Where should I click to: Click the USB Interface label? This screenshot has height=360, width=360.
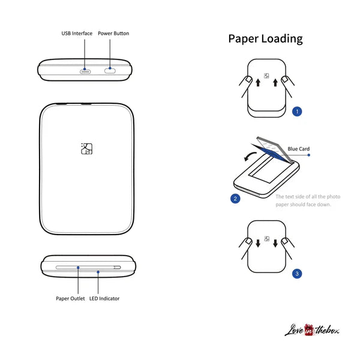77,33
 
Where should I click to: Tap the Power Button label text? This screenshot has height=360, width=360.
113,33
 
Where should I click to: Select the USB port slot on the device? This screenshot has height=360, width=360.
85,72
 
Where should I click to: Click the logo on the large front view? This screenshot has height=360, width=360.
87,149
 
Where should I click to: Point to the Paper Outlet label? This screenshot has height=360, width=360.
70,298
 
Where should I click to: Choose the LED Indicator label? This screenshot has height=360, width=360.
104,298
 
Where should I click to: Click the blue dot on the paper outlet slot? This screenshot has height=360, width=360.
78,268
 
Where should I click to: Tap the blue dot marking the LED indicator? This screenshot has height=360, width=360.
98,272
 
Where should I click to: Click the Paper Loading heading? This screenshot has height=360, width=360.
265,39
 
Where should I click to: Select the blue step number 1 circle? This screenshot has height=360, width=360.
297,112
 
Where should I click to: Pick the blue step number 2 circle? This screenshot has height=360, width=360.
235,199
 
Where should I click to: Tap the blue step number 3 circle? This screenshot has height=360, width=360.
297,274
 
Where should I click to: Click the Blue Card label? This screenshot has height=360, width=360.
298,149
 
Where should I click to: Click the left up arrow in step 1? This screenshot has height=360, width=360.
258,82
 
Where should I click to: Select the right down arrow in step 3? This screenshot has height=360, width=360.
275,244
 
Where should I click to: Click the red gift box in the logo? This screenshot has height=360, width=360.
309,330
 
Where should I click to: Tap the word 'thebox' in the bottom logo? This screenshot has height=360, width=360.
327,331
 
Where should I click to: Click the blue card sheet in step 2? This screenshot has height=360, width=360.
269,152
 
